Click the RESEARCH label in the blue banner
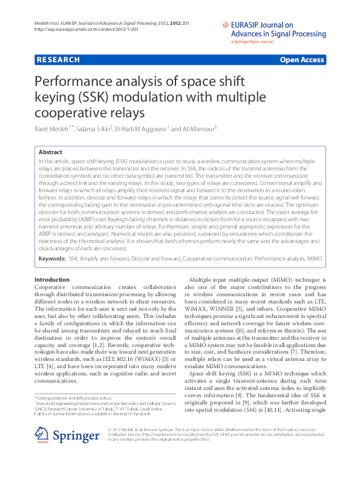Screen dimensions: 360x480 [58, 60]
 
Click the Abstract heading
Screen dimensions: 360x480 [51, 153]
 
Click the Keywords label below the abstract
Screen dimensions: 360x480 [52, 258]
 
